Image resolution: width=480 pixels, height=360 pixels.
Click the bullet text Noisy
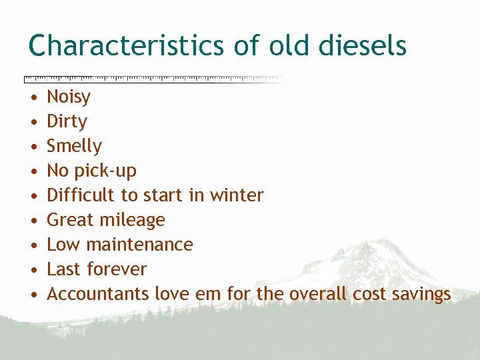69,97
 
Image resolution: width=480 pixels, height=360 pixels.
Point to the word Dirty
67,122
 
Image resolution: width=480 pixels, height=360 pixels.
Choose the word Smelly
74,147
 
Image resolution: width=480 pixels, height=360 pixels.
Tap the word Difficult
79,195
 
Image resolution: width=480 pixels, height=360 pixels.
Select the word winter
237,195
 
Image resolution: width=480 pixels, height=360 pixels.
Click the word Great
70,220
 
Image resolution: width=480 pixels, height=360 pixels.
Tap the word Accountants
98,294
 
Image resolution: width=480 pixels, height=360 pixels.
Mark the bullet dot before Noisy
33,98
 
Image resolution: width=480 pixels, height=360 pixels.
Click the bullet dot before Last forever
33,270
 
